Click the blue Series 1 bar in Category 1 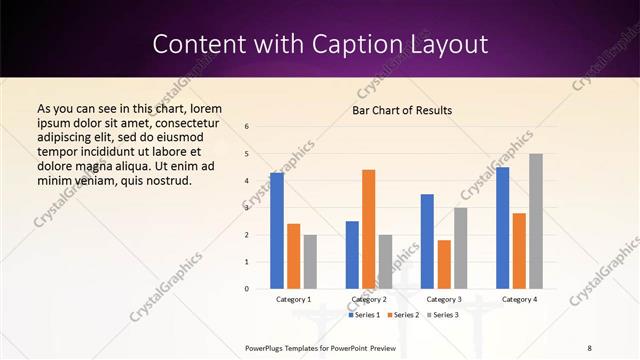[x=277, y=231]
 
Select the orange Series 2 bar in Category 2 [x=369, y=229]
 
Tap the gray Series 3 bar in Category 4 [x=536, y=221]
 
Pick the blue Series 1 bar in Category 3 [x=427, y=241]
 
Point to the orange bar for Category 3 [x=444, y=264]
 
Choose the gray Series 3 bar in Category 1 [x=310, y=262]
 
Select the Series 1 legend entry [x=364, y=315]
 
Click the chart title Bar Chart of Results [x=402, y=109]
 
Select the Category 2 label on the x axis [x=369, y=299]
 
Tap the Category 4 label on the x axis [x=519, y=299]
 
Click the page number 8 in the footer [x=589, y=347]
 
